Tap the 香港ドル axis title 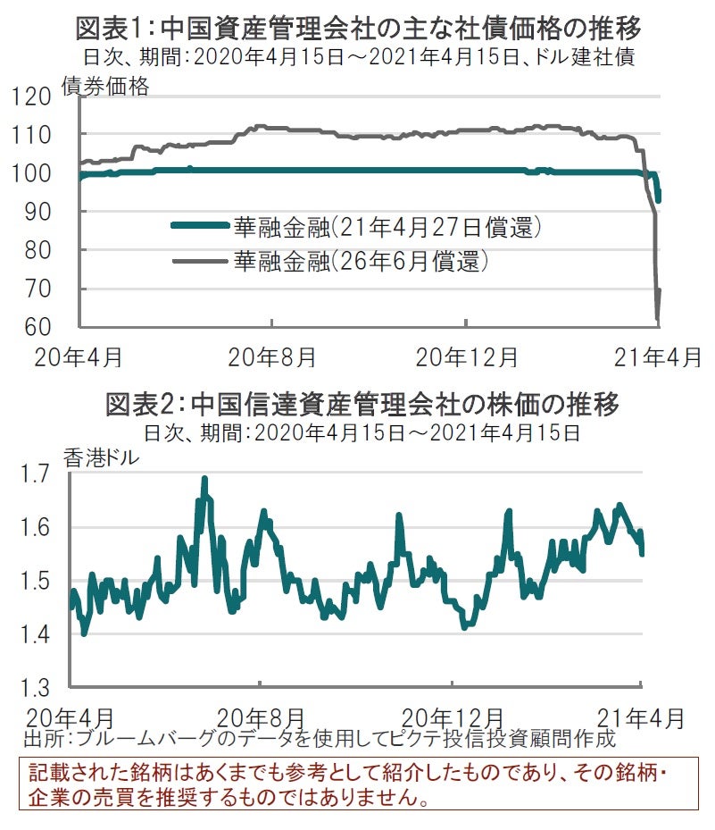coord(101,457)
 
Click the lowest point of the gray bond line coord(658,318)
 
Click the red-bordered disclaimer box coord(358,784)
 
